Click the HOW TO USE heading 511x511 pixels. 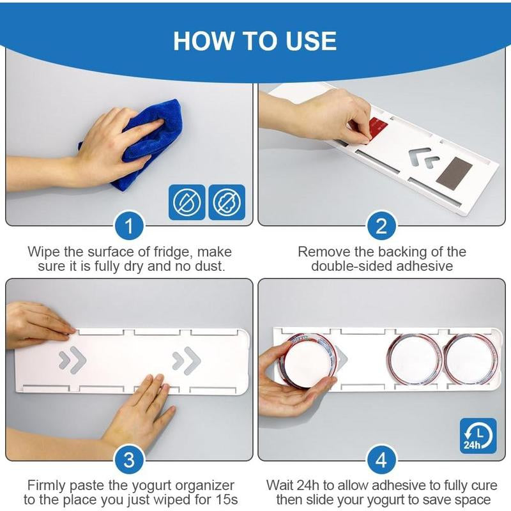coord(255,41)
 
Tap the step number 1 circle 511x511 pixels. coord(129,226)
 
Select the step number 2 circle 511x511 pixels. coord(381,226)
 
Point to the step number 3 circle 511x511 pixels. coord(129,460)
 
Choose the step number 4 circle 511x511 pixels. coord(381,460)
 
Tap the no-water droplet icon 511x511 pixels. coord(187,202)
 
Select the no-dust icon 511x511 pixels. coord(227,202)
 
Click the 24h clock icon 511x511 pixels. coord(478,436)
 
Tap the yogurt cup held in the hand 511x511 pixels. coord(308,361)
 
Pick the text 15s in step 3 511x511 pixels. coord(227,500)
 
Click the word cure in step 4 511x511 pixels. coord(484,485)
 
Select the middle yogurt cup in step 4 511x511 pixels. coord(415,360)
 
